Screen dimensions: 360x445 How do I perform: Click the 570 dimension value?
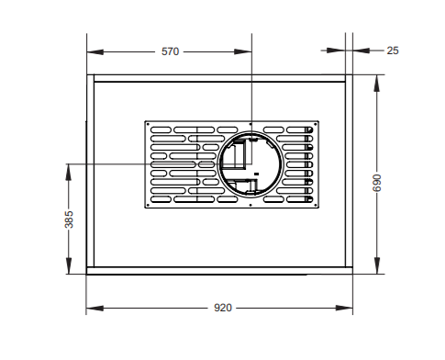(170, 51)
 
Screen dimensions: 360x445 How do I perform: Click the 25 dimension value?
(393, 51)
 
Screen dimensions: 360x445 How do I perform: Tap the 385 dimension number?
(69, 220)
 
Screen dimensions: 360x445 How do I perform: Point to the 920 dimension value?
(222, 308)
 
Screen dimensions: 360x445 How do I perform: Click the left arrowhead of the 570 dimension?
(92, 51)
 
